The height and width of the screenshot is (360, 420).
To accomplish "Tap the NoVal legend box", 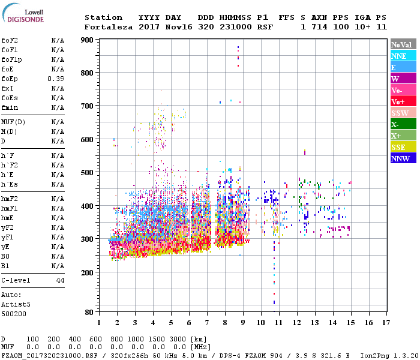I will point(403,44).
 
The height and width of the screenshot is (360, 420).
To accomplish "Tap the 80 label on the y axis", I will point(88,312).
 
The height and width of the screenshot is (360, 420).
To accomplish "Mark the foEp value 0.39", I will point(56,79).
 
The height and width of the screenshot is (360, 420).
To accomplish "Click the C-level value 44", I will point(60,280).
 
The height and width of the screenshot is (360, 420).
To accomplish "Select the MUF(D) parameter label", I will point(13,122).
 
